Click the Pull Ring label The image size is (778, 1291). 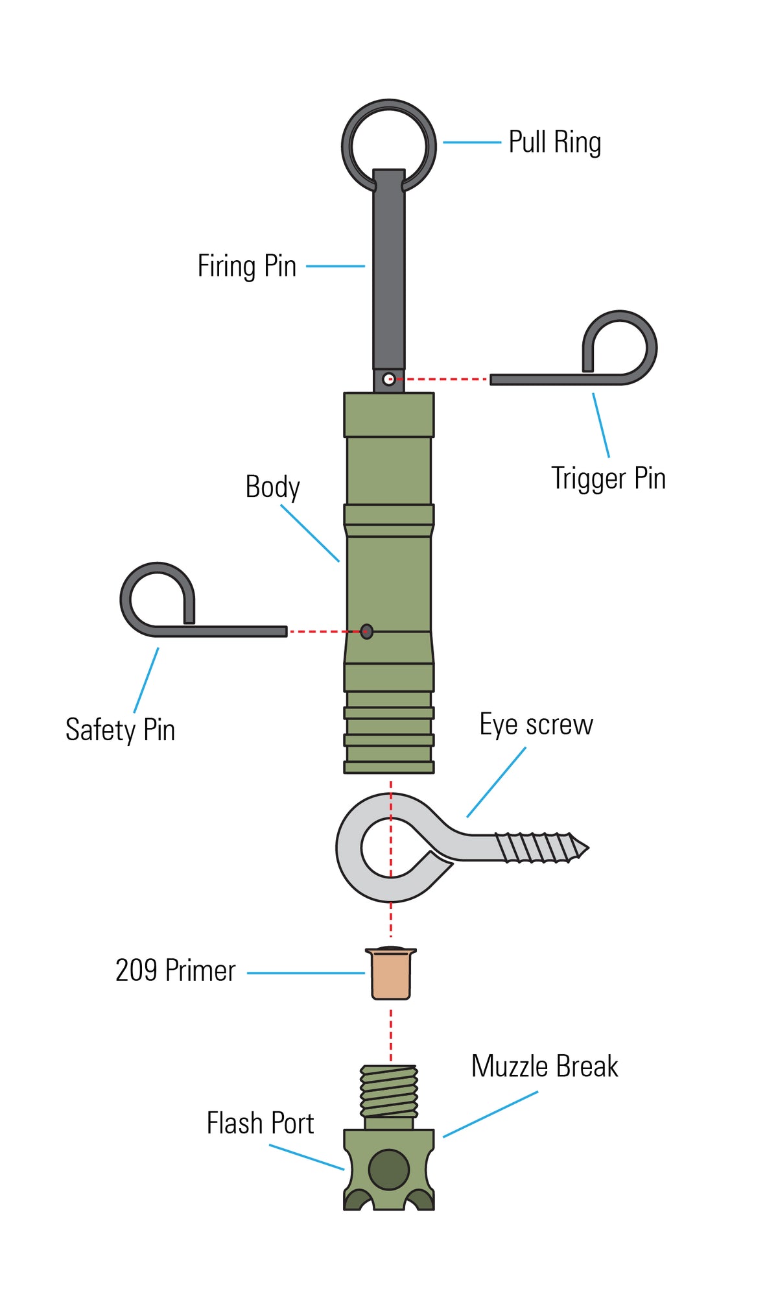click(x=554, y=142)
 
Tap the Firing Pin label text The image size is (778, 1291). click(x=246, y=266)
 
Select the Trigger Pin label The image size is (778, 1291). click(x=608, y=478)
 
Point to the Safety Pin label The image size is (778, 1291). click(x=120, y=730)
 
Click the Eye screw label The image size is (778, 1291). click(x=536, y=725)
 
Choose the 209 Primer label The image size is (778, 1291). click(x=175, y=971)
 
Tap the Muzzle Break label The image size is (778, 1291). click(x=545, y=1067)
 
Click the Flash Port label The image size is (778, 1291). click(x=260, y=1124)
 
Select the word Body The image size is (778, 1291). click(x=272, y=487)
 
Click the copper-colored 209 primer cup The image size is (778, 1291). click(x=391, y=974)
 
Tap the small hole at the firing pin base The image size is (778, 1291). click(x=388, y=380)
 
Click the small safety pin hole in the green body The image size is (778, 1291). click(x=367, y=631)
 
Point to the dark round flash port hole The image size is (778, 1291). click(x=389, y=1170)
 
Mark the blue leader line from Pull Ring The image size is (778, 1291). click(x=472, y=142)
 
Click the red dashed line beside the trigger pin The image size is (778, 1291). click(x=441, y=379)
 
